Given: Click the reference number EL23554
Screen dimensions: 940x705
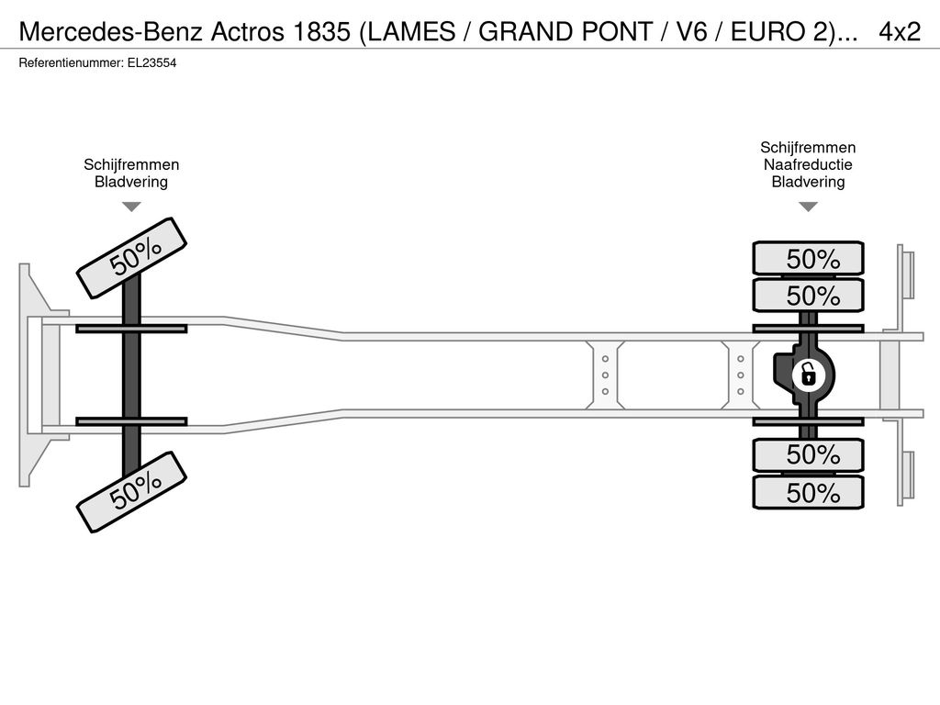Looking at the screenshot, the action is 151,63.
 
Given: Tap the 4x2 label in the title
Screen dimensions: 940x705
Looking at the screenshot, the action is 900,32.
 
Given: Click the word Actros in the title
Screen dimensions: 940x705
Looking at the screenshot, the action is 247,32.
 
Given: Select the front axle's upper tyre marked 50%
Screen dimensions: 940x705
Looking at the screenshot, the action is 132,258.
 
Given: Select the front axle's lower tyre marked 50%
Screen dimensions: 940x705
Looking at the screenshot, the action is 132,492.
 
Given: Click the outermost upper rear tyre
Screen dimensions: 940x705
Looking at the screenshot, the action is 808,259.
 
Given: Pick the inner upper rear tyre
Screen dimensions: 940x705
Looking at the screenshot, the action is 808,296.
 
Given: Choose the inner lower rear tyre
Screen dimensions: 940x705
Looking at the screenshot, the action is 808,455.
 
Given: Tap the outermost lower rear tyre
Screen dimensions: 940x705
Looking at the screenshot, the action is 808,493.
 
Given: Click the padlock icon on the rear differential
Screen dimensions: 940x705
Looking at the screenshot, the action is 808,375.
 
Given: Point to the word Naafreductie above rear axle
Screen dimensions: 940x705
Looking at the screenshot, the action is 808,165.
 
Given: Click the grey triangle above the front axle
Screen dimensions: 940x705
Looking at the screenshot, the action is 131,207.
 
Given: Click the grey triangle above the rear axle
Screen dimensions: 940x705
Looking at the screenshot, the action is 808,207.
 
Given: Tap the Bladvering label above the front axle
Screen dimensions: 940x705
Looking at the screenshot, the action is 131,183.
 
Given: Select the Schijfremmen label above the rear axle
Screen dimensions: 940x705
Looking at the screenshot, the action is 808,148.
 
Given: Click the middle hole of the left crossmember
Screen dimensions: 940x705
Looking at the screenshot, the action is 606,375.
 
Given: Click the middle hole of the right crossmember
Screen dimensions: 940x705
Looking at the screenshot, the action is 741,375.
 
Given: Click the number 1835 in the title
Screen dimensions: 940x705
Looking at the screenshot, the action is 322,32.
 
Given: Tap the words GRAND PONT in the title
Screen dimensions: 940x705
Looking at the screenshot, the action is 565,32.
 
